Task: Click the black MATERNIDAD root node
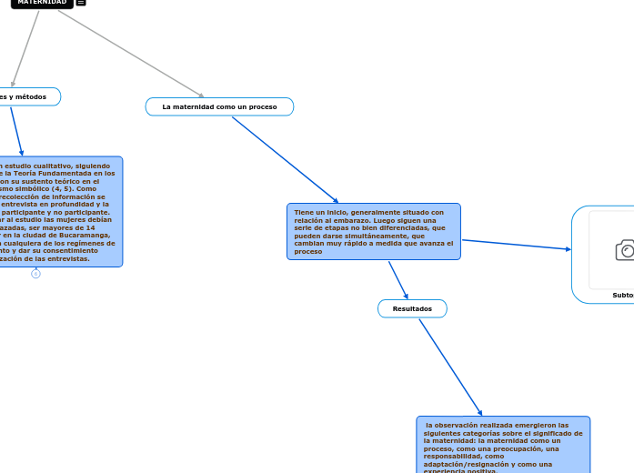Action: [x=41, y=3]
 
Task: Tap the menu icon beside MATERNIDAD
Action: [x=81, y=3]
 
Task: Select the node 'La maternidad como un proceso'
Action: [x=219, y=107]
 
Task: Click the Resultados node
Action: [x=412, y=309]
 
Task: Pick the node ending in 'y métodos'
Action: [x=27, y=96]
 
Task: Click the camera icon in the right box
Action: [x=625, y=250]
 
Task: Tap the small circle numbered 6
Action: [x=35, y=274]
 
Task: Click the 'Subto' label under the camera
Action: [x=623, y=296]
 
